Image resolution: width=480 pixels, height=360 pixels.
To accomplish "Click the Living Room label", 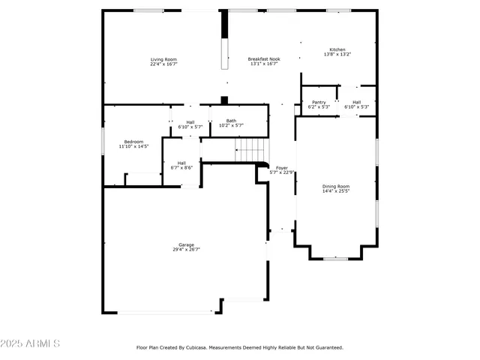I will pyautogui.click(x=163, y=59).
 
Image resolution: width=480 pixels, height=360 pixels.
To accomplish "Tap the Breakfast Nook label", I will pyautogui.click(x=264, y=59).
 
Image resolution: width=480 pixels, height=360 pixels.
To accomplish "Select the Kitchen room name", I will pyautogui.click(x=337, y=49).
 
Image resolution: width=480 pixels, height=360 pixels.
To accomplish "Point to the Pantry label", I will pyautogui.click(x=319, y=102).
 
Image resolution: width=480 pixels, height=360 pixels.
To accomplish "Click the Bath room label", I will pyautogui.click(x=231, y=121).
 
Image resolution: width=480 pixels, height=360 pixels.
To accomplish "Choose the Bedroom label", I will pyautogui.click(x=133, y=141).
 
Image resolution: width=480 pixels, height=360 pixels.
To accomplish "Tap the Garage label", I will pyautogui.click(x=186, y=244).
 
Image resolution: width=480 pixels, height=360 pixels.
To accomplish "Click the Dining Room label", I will pyautogui.click(x=336, y=186).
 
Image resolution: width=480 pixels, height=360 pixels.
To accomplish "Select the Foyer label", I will pyautogui.click(x=282, y=168).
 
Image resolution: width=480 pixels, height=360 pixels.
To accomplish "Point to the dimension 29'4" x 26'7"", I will pyautogui.click(x=186, y=249).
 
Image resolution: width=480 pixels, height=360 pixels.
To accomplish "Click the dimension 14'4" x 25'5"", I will pyautogui.click(x=336, y=191).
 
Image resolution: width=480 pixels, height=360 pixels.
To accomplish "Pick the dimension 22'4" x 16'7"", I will pyautogui.click(x=163, y=64).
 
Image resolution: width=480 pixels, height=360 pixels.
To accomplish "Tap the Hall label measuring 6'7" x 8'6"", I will pyautogui.click(x=181, y=163).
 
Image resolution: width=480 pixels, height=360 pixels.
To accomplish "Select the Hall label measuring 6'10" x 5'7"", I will pyautogui.click(x=190, y=122).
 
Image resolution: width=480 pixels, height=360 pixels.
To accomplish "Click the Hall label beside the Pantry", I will pyautogui.click(x=356, y=102).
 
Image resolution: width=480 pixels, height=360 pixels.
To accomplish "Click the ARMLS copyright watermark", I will pyautogui.click(x=31, y=343).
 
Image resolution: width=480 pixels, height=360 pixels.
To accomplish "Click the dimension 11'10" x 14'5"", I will pyautogui.click(x=133, y=146).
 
